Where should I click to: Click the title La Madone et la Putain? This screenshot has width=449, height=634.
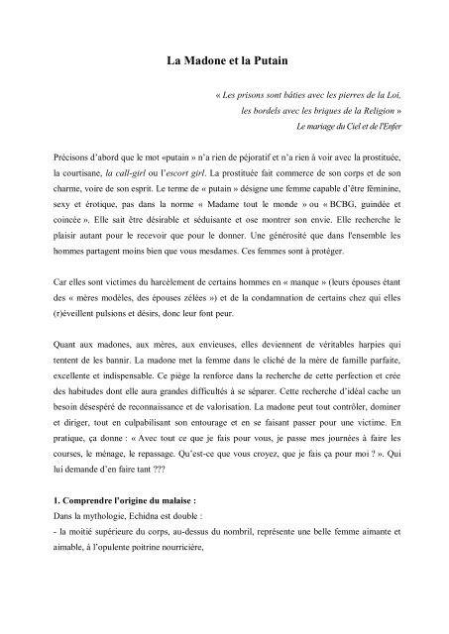pyautogui.click(x=224, y=61)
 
